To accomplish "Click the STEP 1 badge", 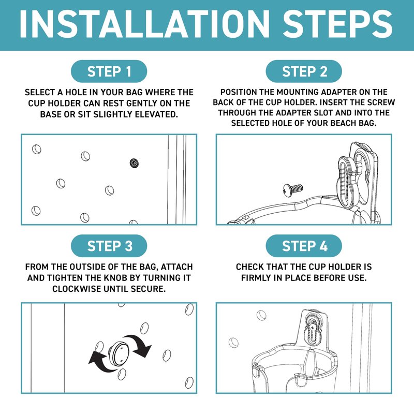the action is [109, 71].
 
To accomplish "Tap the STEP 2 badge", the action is [304, 71].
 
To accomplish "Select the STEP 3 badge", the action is [109, 246].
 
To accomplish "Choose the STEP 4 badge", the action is [304, 246].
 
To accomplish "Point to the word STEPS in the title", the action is [337, 24].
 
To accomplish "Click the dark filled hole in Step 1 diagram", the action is [135, 163].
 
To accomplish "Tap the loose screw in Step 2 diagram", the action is [292, 190].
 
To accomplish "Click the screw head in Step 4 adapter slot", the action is [313, 328].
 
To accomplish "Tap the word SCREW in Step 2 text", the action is [380, 102].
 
